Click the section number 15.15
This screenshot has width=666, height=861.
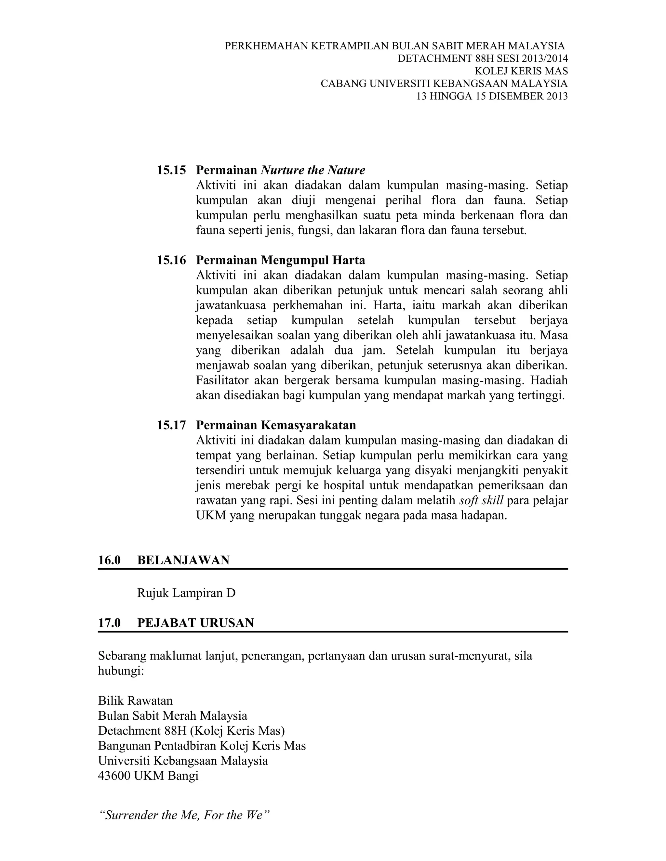tap(171, 170)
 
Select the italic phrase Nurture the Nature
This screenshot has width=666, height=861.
tap(313, 170)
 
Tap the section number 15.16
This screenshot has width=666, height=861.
tap(171, 260)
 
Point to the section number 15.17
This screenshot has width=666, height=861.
tap(171, 425)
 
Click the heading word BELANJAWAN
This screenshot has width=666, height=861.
tap(183, 560)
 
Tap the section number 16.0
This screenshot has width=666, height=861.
tap(109, 560)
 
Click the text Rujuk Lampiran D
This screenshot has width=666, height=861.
tap(186, 593)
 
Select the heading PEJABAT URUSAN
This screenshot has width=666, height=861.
tap(195, 623)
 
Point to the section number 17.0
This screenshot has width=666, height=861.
tap(109, 623)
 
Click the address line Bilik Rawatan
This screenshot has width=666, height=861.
tap(135, 700)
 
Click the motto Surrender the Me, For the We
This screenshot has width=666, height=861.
tap(183, 815)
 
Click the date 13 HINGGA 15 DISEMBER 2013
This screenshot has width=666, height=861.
tap(492, 96)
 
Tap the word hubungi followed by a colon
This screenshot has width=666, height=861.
tap(121, 671)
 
